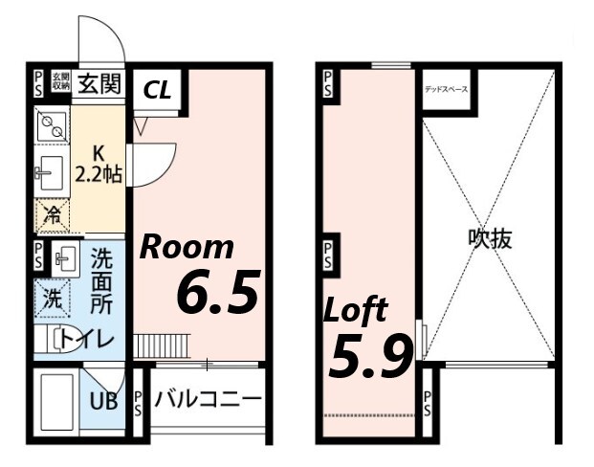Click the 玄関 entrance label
click(x=100, y=83)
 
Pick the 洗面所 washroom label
click(x=100, y=282)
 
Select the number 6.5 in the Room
click(x=219, y=294)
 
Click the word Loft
click(x=355, y=310)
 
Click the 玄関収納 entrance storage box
click(x=59, y=82)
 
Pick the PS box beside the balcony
click(x=138, y=401)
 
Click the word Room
click(x=187, y=247)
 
